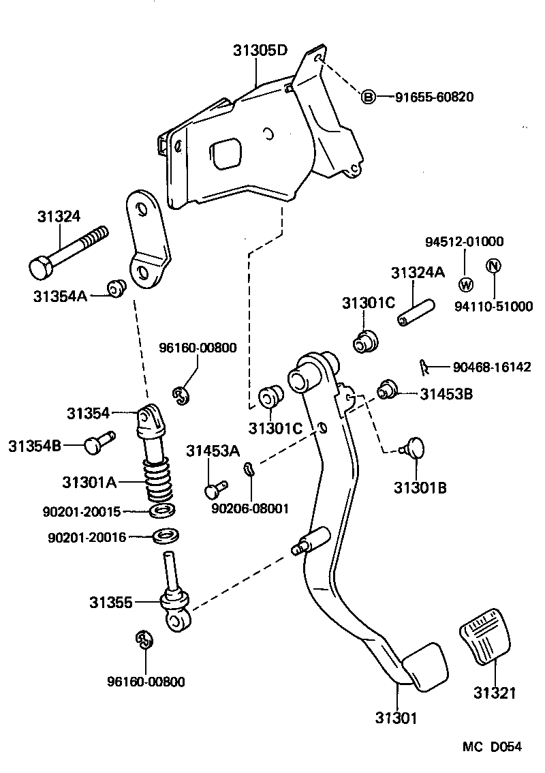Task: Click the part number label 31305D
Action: (x=260, y=50)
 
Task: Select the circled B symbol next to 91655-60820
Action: (x=368, y=97)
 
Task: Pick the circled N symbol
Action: (x=493, y=267)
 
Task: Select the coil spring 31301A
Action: (x=159, y=481)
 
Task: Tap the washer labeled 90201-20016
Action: (x=164, y=536)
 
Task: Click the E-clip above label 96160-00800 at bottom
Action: (x=144, y=639)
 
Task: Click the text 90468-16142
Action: (x=491, y=367)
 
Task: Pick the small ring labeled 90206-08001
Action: (x=249, y=468)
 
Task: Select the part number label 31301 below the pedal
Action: (x=396, y=717)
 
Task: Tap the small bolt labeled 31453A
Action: (x=215, y=489)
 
